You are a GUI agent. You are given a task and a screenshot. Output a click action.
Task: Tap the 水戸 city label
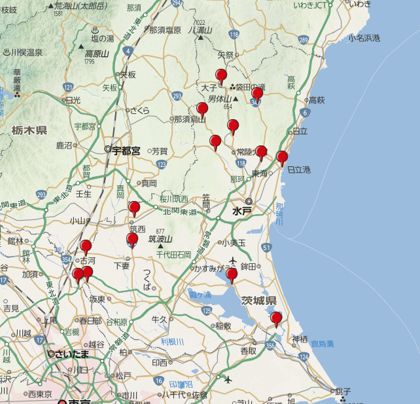(x=242, y=212)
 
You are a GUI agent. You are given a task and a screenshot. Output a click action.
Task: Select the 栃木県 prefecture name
(x=29, y=131)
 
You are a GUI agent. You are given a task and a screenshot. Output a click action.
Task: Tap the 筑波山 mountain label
(x=160, y=239)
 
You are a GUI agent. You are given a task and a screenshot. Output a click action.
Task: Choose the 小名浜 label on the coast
(x=364, y=38)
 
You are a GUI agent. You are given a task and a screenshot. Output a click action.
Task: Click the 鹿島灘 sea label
(x=321, y=342)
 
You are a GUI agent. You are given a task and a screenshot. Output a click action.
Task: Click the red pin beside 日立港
(x=282, y=158)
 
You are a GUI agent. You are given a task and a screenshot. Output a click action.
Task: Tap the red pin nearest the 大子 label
(x=221, y=76)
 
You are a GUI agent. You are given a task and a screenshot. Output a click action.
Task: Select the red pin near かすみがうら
(x=232, y=275)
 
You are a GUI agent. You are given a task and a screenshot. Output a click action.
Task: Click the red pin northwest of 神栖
(x=276, y=319)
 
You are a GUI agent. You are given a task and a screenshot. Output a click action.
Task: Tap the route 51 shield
(x=266, y=247)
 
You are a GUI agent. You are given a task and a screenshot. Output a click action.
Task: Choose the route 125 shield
(x=207, y=310)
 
